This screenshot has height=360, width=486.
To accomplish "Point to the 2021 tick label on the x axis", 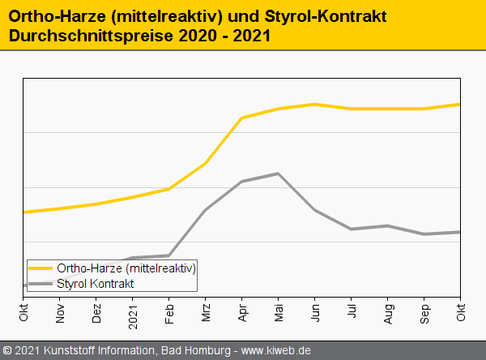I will (x=133, y=311).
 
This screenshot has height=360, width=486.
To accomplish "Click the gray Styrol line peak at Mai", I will (x=278, y=174).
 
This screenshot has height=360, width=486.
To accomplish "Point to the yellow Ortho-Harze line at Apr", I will (x=241, y=118).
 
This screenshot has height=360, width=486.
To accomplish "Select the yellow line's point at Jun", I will (x=314, y=104).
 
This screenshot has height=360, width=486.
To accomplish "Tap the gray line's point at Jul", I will (x=351, y=229).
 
